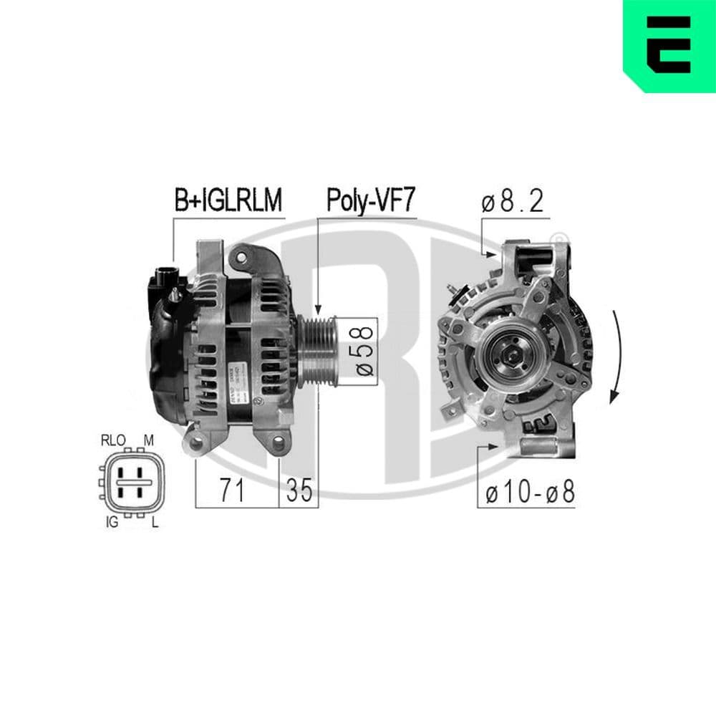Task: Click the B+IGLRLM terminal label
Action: (x=228, y=201)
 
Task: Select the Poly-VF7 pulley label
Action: (x=370, y=201)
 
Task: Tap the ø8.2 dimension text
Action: (x=513, y=203)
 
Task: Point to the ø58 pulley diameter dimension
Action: (x=363, y=351)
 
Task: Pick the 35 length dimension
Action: (x=299, y=491)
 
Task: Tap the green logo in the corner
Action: (x=669, y=45)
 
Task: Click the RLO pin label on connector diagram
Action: (x=112, y=440)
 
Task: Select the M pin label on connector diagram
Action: (x=149, y=440)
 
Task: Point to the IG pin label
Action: (x=111, y=523)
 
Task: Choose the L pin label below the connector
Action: (x=155, y=523)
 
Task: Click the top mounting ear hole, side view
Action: (x=241, y=256)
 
